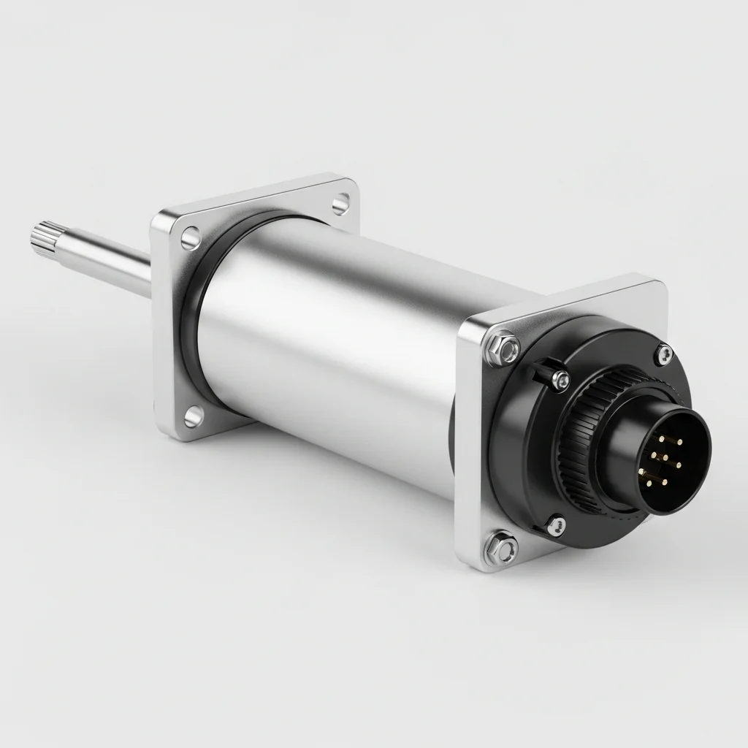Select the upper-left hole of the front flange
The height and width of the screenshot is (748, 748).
(x=190, y=237)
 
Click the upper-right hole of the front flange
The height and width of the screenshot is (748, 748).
(x=340, y=204)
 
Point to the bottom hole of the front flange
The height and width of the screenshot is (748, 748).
(x=193, y=416)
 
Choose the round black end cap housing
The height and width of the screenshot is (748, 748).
(x=526, y=467)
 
